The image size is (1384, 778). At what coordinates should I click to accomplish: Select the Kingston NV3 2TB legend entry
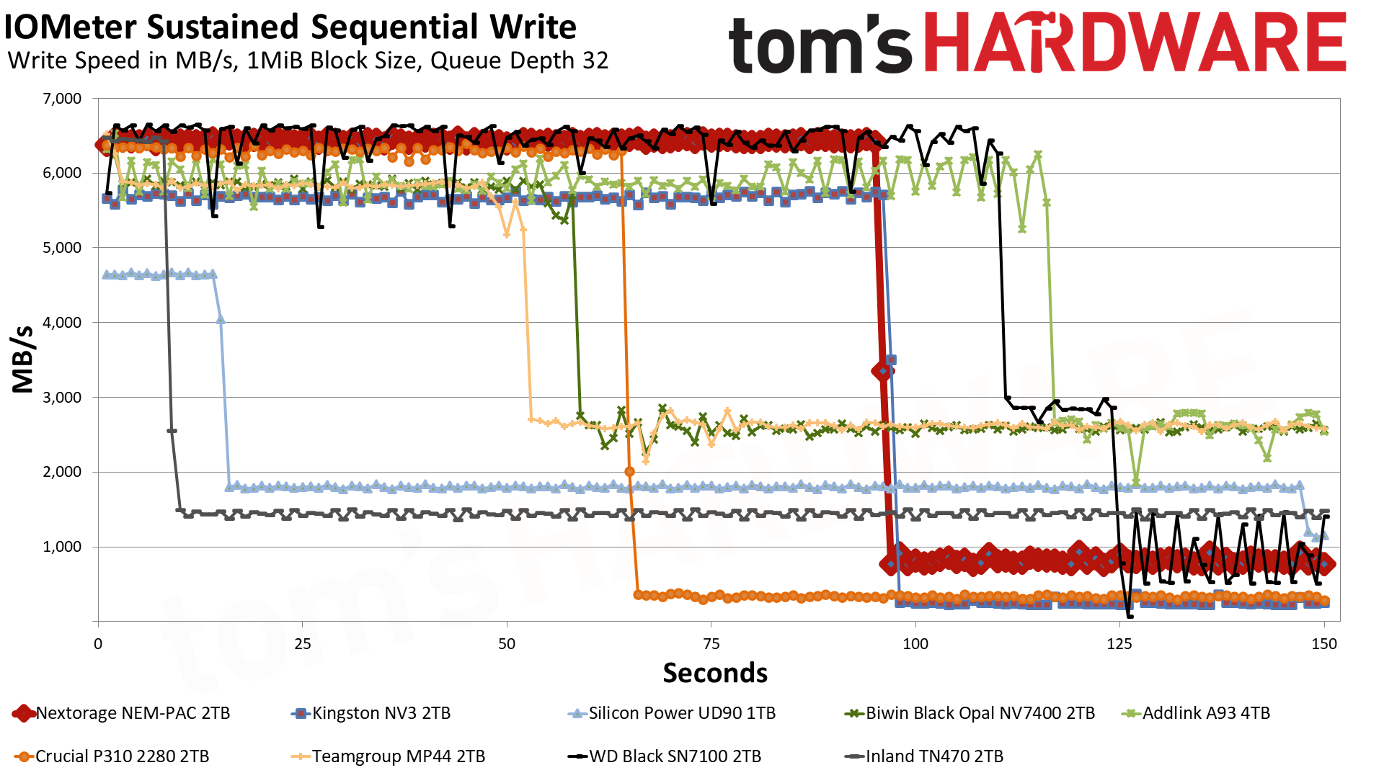coord(371,713)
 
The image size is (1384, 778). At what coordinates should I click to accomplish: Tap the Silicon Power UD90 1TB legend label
coord(672,713)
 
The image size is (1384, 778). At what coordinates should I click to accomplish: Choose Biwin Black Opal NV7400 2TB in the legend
coord(970,713)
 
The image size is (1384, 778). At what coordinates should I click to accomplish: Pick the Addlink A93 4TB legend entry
coord(1196,713)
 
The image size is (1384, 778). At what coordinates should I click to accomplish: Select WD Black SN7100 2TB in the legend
coord(665,756)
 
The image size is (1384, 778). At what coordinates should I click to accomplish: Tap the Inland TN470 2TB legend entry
coord(923,756)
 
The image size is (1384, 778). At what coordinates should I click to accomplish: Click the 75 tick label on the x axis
coord(711,643)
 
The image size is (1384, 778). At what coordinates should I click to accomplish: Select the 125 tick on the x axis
coord(1119,643)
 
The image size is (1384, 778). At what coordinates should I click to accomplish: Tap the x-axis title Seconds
coord(715,673)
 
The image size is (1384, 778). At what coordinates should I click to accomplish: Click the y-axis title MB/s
coord(23,359)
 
